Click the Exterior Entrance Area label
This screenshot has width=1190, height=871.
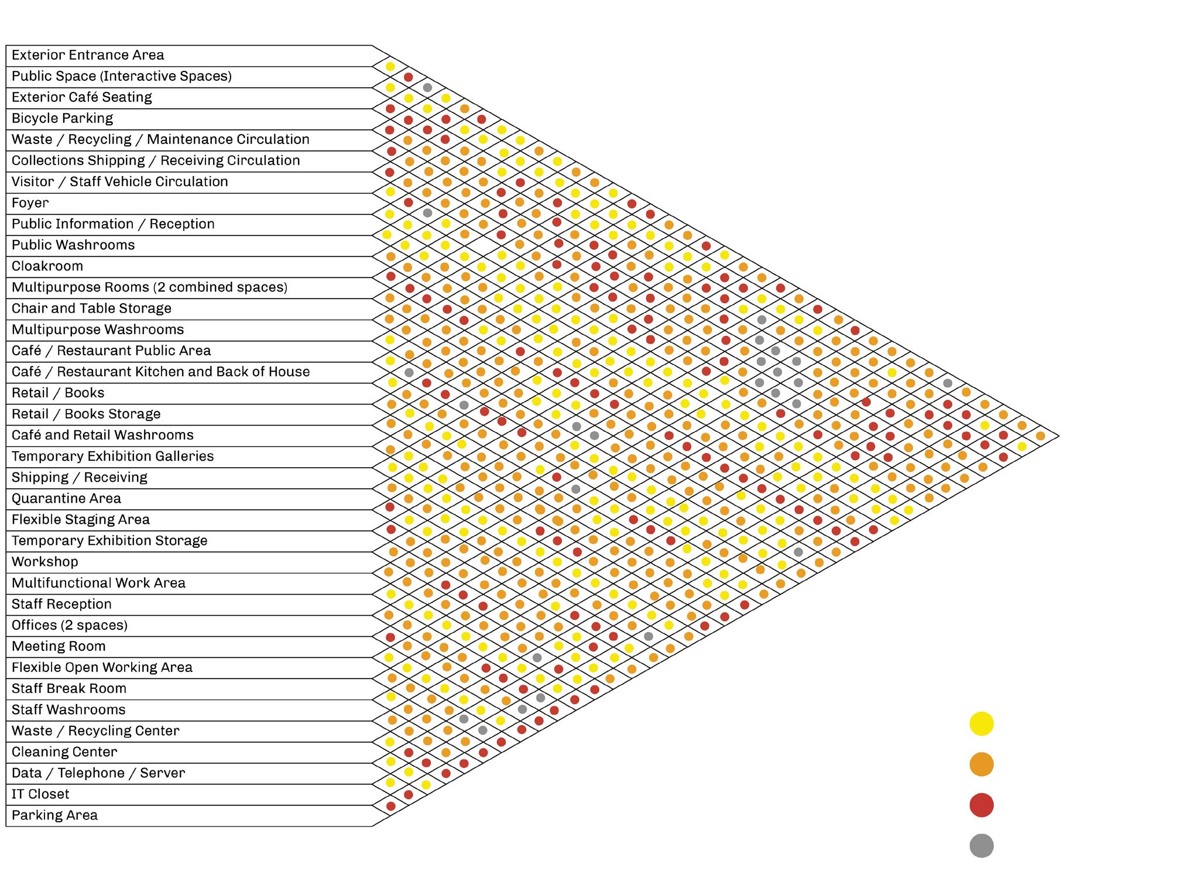88,55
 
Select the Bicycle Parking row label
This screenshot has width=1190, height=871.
62,118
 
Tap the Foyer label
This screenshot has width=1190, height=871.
30,203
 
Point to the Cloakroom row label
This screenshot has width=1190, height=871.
47,266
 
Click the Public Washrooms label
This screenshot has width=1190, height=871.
73,245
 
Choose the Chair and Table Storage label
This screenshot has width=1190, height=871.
91,308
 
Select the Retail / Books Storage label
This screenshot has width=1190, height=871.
86,414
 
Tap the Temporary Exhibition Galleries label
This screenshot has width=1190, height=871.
112,457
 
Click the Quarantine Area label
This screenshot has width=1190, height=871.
66,499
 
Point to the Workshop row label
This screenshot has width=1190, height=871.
44,562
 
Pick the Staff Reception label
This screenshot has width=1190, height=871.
61,604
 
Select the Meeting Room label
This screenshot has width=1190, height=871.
59,646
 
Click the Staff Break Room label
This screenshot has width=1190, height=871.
69,688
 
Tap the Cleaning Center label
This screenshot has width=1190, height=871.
64,752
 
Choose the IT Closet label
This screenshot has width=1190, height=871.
40,794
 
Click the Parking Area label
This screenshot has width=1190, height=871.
54,815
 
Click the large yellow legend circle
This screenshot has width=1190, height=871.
982,724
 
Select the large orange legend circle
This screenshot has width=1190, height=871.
982,764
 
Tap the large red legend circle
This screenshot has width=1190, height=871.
982,805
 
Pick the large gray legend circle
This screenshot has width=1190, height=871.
982,846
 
